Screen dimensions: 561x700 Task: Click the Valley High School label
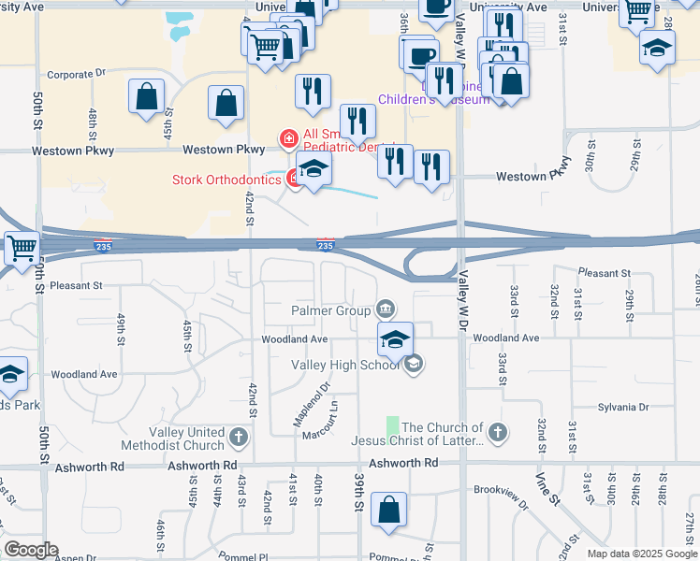coord(345,365)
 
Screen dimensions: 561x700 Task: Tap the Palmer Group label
coord(330,309)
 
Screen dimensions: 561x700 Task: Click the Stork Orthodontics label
coord(226,180)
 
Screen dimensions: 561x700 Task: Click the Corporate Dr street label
coord(71,75)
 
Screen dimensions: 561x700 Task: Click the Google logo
coord(31,550)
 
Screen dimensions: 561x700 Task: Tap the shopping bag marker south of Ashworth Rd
coord(388,511)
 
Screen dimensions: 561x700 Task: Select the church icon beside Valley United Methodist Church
coord(239,436)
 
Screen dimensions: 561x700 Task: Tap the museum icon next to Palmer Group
coord(386,309)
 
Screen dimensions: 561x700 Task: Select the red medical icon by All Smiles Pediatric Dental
coord(288,139)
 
